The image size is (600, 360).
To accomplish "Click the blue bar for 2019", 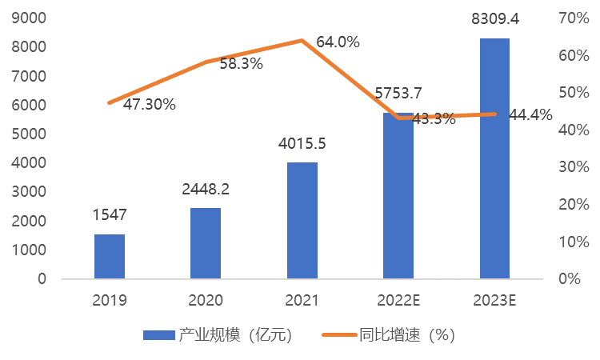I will click(110, 257).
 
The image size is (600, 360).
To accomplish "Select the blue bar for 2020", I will click(206, 243).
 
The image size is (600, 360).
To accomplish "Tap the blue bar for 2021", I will click(302, 221).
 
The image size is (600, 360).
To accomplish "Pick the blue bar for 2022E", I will click(398, 200).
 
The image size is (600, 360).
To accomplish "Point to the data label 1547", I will click(110, 214).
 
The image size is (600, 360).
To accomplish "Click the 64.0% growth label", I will click(338, 42).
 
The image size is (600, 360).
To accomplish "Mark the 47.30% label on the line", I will click(149, 104).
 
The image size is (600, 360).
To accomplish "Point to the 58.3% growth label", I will click(241, 64).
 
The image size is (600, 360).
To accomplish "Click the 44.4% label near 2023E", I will click(530, 115).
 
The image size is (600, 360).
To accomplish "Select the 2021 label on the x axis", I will click(302, 301).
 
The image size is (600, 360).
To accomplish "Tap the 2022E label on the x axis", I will click(398, 301).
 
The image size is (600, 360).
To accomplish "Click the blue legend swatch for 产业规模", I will click(158, 335).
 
